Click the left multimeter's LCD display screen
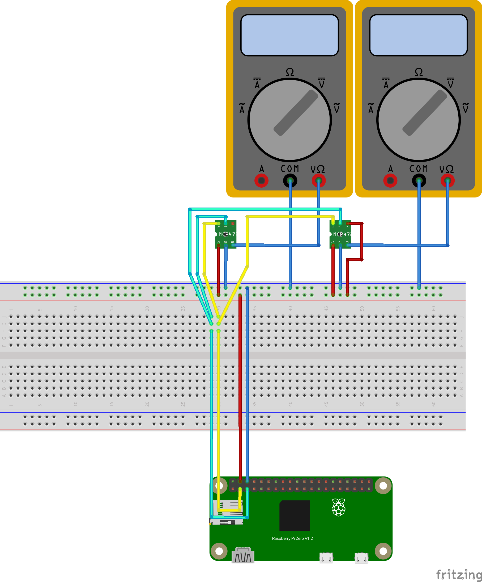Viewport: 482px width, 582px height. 289,35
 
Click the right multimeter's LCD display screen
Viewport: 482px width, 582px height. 418,35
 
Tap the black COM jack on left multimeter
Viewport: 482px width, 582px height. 290,181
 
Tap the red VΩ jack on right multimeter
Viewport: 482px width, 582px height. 447,181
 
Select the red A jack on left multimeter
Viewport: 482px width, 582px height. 261,181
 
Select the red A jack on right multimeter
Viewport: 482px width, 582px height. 390,181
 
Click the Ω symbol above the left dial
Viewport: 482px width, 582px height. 290,72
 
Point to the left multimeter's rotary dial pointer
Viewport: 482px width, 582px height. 296,112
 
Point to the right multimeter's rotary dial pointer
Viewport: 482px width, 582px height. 424,112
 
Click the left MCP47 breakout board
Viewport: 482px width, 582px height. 226,234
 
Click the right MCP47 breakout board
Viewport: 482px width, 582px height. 340,234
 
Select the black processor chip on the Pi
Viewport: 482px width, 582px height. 295,516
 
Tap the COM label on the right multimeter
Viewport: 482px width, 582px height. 418,169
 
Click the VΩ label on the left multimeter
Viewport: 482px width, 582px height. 317,169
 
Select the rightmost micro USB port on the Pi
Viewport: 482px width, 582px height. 361,558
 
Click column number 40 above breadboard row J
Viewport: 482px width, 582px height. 290,308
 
